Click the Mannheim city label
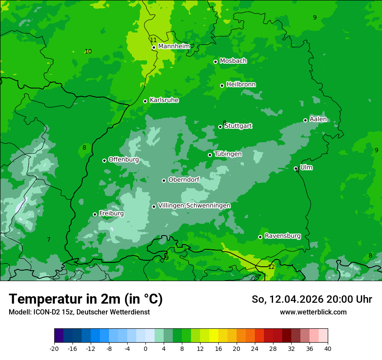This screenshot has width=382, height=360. [174, 46]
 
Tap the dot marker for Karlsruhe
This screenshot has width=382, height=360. [145, 101]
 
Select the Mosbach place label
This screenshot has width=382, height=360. [233, 61]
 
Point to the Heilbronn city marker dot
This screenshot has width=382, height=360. [222, 85]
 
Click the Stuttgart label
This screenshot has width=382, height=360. [238, 126]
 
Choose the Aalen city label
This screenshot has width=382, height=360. [318, 120]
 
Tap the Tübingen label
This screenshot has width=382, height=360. [228, 154]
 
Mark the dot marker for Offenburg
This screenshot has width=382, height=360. [104, 160]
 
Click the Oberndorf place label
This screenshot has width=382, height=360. [184, 180]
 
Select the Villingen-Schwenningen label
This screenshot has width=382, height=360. [194, 206]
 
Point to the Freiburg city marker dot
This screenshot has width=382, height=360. [95, 214]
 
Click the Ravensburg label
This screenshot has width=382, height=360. [283, 236]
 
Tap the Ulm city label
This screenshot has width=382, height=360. [306, 167]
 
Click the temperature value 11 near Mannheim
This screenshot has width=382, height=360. [153, 40]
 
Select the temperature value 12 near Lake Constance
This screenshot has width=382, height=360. [271, 267]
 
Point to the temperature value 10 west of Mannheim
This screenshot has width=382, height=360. [88, 51]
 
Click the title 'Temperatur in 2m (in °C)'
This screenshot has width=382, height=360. [86, 299]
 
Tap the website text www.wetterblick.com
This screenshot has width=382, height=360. [313, 312]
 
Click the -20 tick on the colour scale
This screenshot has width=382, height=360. [54, 348]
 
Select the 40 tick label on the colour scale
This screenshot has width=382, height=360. [328, 348]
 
